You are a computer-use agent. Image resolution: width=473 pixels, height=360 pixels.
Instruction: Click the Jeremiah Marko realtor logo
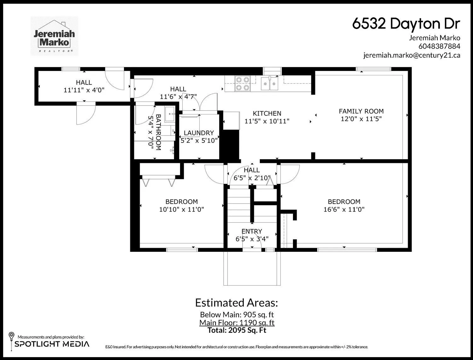(54, 36)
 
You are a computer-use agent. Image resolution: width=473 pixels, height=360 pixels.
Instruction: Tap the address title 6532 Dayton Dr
(406, 24)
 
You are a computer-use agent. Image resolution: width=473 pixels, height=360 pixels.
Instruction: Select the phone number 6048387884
(439, 46)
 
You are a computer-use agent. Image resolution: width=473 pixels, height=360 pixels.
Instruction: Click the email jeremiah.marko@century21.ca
(412, 55)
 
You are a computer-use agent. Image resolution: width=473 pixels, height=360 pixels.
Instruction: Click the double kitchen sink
(270, 83)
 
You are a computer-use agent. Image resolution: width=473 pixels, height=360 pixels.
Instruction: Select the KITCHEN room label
(267, 113)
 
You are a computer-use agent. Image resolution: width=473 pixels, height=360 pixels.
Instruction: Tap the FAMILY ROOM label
(361, 111)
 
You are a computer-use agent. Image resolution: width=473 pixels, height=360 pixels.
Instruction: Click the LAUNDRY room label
(199, 133)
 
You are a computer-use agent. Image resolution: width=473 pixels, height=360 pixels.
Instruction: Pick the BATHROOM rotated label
(158, 132)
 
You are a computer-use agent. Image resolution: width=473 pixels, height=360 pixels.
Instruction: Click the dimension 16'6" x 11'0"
(344, 209)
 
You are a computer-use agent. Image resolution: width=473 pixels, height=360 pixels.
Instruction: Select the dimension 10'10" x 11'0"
(181, 209)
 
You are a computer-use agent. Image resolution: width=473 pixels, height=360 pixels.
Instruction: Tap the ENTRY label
(252, 231)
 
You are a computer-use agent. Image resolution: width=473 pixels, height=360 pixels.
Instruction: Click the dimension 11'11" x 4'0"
(84, 90)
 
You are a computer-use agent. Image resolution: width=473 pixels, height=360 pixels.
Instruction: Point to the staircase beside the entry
(239, 206)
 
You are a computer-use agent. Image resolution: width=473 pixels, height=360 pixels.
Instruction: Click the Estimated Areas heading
(237, 303)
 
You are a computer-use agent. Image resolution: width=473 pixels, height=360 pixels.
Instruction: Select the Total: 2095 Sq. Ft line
(237, 330)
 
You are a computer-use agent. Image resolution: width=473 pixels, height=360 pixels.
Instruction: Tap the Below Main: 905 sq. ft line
(237, 315)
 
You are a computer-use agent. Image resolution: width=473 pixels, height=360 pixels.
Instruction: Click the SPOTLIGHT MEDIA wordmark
(52, 344)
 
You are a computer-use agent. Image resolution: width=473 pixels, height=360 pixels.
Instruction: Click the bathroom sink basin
(170, 114)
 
